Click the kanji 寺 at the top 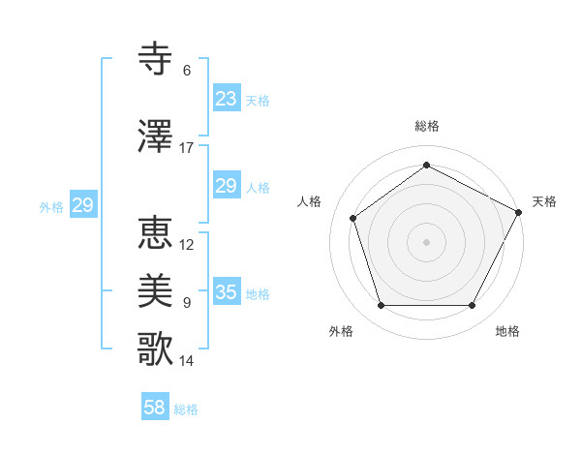(x=155, y=59)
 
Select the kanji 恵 (x=155, y=233)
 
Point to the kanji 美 (x=155, y=291)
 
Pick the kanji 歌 (x=155, y=349)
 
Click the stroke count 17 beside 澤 (x=187, y=148)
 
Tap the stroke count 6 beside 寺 (x=187, y=71)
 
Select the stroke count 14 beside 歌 (x=187, y=361)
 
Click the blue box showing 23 (x=226, y=99)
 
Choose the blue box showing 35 (x=226, y=292)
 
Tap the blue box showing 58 (x=155, y=408)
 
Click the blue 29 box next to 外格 (x=82, y=205)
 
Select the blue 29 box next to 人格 (x=226, y=186)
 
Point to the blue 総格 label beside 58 (x=186, y=409)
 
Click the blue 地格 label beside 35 (x=258, y=294)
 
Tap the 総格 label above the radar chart (x=426, y=126)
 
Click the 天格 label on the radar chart (x=544, y=201)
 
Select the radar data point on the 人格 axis (x=353, y=218)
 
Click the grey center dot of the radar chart (x=426, y=241)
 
